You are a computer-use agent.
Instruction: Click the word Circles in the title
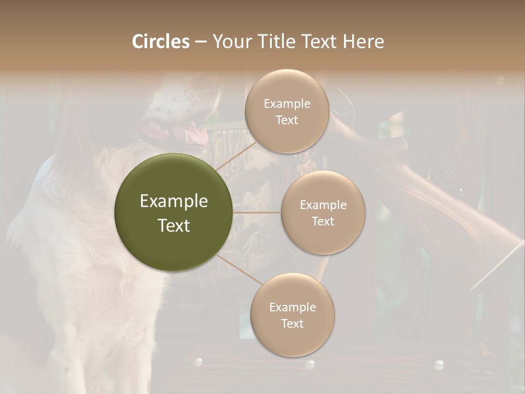click(161, 42)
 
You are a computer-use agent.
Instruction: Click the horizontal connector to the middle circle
click(256, 212)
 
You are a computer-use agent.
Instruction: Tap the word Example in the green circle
click(174, 201)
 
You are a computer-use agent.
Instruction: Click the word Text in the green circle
click(174, 225)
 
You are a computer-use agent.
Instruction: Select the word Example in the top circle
click(287, 104)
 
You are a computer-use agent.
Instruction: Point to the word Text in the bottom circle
click(292, 323)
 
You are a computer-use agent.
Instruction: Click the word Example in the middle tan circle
click(323, 205)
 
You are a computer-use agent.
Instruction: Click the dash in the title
click(201, 42)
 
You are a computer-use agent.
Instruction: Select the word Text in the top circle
click(287, 120)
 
